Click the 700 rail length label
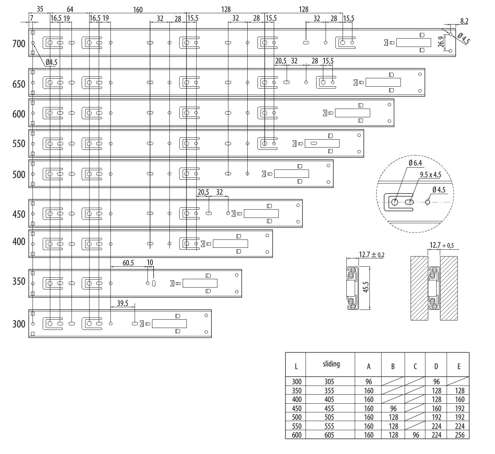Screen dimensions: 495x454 pyautogui.click(x=19, y=44)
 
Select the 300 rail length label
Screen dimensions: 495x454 pyautogui.click(x=19, y=324)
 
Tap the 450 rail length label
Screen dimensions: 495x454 pyautogui.click(x=19, y=215)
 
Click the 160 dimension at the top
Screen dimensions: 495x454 pyautogui.click(x=138, y=9)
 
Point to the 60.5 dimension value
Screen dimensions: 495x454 pyautogui.click(x=128, y=263)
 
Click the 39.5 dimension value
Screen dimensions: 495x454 pyautogui.click(x=123, y=303)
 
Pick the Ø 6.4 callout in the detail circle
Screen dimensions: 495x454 pyautogui.click(x=415, y=163)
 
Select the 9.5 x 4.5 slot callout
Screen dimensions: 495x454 pyautogui.click(x=430, y=175)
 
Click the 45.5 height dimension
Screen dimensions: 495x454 pyautogui.click(x=366, y=287)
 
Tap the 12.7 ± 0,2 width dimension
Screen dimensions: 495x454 pyautogui.click(x=372, y=255)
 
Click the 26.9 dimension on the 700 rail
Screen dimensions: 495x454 pyautogui.click(x=441, y=42)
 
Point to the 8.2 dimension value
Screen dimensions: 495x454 pyautogui.click(x=464, y=21)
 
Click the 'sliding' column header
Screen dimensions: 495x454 pyautogui.click(x=331, y=364)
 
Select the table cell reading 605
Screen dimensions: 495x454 pyautogui.click(x=329, y=435)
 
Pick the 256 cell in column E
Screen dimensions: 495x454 pyautogui.click(x=460, y=435)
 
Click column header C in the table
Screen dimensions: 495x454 pyautogui.click(x=415, y=366)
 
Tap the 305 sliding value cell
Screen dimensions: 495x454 pyautogui.click(x=329, y=382)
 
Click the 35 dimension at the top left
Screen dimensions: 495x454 pyautogui.click(x=40, y=9)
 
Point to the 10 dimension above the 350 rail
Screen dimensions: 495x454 pyautogui.click(x=150, y=263)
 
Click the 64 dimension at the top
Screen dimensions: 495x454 pyautogui.click(x=70, y=9)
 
